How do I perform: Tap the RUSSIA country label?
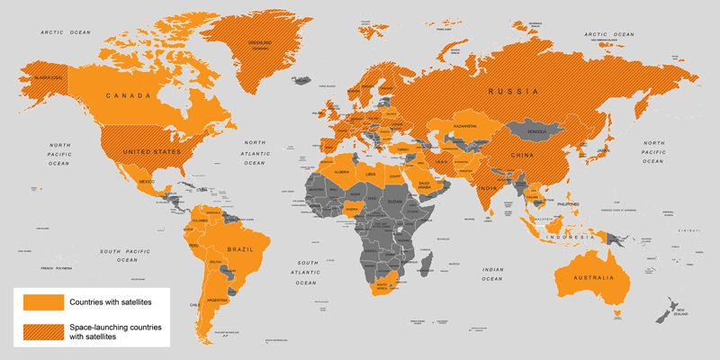pyautogui.click(x=513, y=92)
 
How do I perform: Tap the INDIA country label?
pyautogui.click(x=487, y=189)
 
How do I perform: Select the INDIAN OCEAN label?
pyautogui.click(x=496, y=274)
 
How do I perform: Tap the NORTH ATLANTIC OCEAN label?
pyautogui.click(x=255, y=152)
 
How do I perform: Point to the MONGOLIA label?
pyautogui.click(x=537, y=132)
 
